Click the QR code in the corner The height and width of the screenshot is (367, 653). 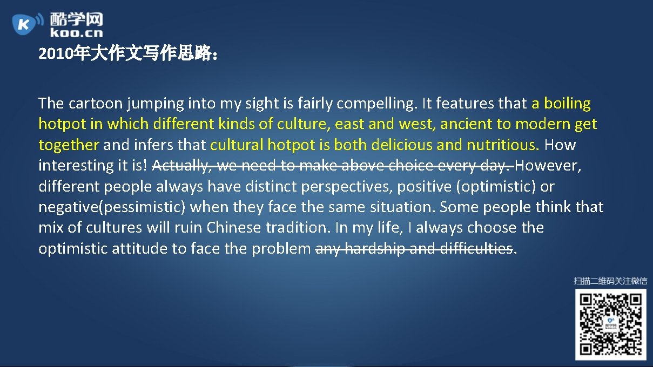610,324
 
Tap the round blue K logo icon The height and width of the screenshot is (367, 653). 24,24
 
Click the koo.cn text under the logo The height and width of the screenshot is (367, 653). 76,33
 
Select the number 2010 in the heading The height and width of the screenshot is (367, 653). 57,55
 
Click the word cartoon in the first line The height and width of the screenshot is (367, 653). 96,103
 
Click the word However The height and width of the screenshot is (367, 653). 551,165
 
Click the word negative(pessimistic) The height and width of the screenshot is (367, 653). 112,207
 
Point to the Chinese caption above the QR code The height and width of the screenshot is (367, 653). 610,281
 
